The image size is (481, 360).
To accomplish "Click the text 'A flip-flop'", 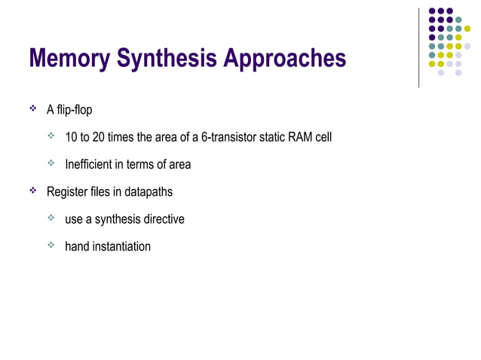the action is click(69, 111).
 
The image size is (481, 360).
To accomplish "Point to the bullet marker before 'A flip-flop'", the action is click(33, 110).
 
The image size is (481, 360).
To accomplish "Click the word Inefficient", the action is click(91, 165).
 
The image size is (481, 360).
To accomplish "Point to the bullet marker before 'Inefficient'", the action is click(51, 164).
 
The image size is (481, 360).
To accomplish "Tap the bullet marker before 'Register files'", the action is click(33, 191).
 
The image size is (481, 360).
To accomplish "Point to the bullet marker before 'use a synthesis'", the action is click(51, 218).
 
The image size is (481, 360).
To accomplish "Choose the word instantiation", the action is click(121, 246).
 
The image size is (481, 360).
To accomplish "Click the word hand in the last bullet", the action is click(77, 246).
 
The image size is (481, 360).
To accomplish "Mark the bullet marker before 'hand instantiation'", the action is click(51, 246).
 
